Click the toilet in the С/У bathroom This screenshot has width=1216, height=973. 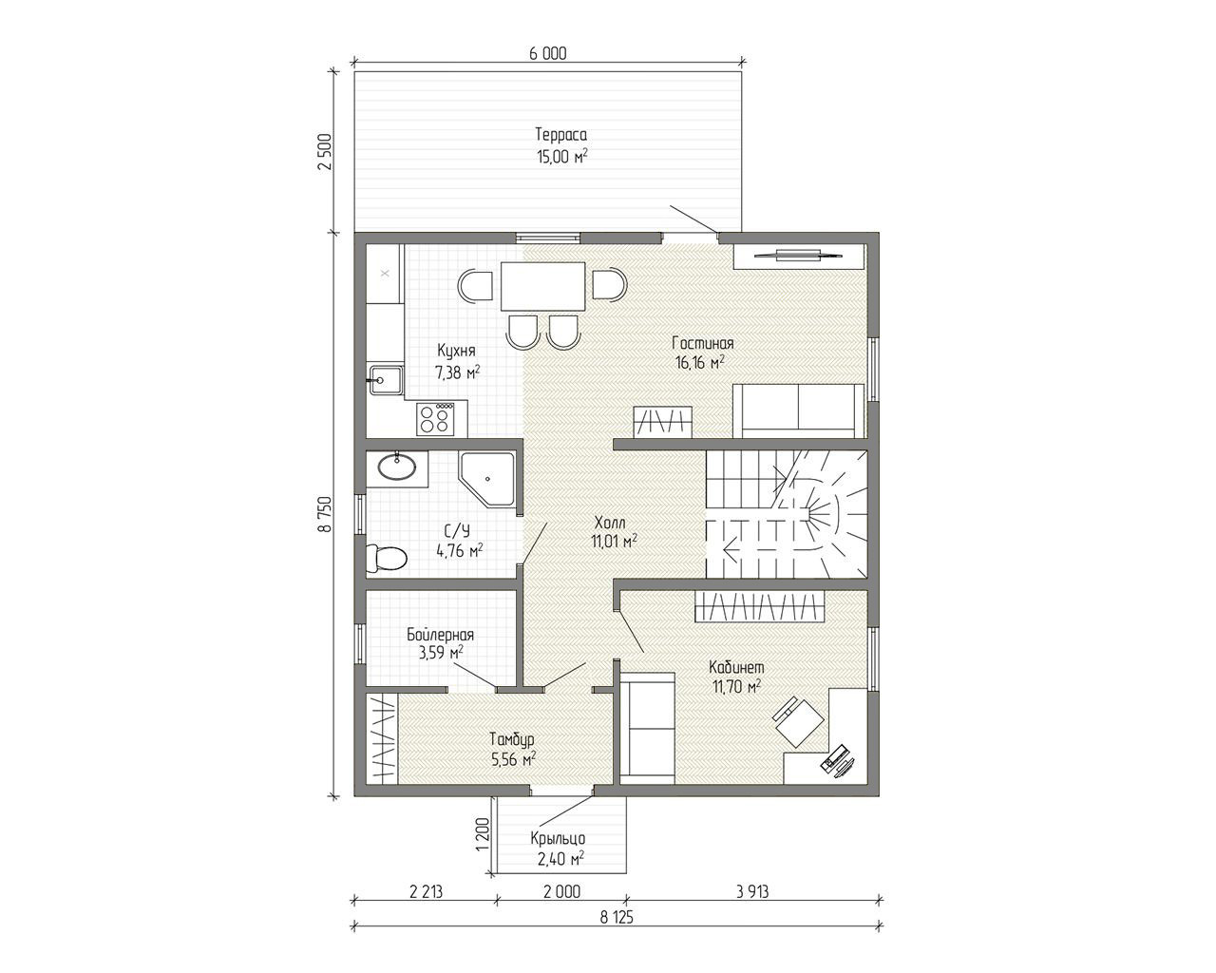pos(387,558)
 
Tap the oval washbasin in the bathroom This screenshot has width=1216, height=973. pos(397,467)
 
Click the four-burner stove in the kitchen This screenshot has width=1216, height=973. pos(435,419)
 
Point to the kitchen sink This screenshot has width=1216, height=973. pos(386,379)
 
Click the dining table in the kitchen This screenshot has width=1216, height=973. pos(542,287)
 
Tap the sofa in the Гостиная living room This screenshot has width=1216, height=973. pos(798,411)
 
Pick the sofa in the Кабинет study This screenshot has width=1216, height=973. pos(648,728)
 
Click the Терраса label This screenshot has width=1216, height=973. pos(561,135)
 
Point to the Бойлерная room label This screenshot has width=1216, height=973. pos(440,635)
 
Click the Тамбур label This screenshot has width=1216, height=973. pos(512,739)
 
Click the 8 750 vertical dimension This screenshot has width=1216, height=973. pos(324,514)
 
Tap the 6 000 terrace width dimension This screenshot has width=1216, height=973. pos(547,54)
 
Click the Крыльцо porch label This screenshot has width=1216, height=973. pos(558,838)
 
